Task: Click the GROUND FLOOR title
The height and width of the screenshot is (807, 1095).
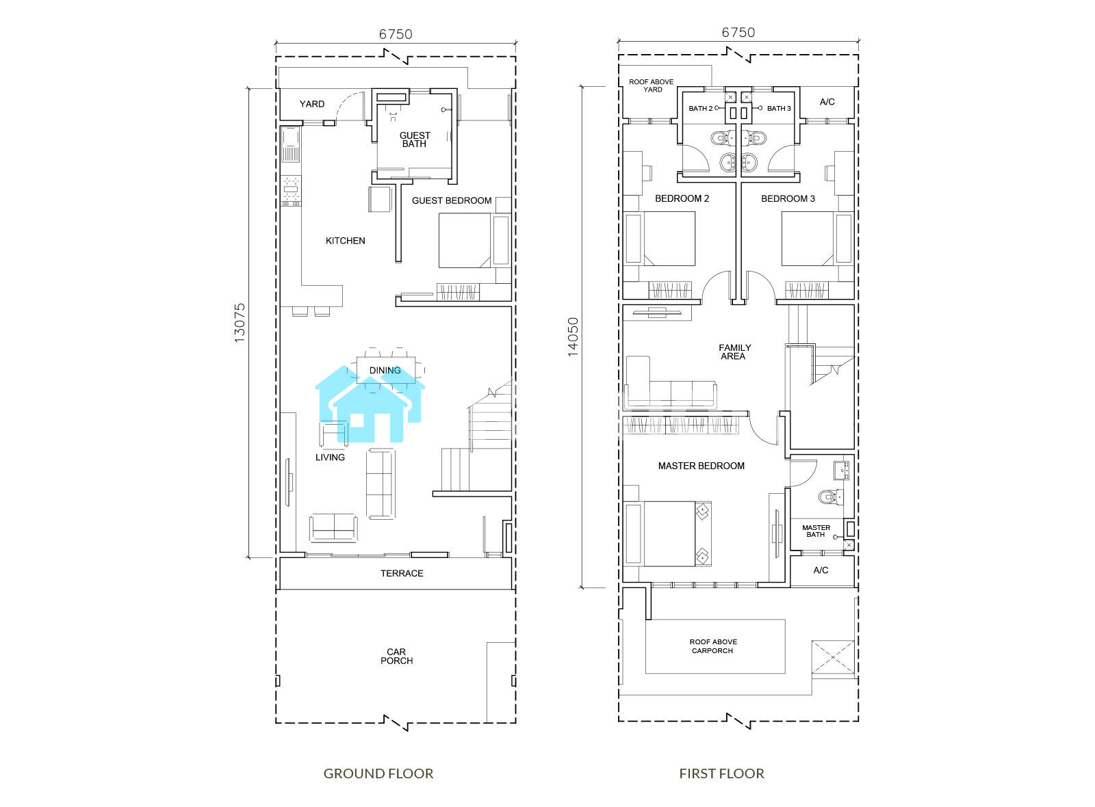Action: click(x=378, y=773)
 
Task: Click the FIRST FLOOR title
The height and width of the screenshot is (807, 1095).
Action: click(x=721, y=773)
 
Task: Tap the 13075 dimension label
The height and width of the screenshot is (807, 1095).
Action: click(x=240, y=323)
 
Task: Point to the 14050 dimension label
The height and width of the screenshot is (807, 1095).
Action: click(x=572, y=337)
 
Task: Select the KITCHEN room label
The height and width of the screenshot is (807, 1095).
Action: click(x=345, y=241)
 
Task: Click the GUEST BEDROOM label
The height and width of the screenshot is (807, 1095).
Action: click(x=452, y=201)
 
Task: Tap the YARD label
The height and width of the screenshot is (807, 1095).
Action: click(x=312, y=104)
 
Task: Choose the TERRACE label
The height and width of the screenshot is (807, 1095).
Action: click(x=402, y=574)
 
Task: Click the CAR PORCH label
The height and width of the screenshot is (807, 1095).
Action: click(x=396, y=657)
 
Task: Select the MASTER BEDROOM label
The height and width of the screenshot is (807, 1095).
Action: click(x=701, y=466)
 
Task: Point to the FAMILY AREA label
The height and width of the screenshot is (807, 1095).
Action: click(x=734, y=352)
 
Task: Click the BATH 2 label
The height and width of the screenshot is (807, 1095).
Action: click(x=701, y=109)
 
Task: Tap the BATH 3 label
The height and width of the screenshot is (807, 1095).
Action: click(x=779, y=109)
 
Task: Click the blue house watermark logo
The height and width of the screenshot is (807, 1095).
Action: click(x=370, y=404)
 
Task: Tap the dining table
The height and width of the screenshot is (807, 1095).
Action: click(x=386, y=370)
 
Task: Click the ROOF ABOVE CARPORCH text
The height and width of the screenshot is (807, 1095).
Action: click(x=712, y=646)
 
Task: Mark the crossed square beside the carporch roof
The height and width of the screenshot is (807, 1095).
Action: click(x=833, y=657)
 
